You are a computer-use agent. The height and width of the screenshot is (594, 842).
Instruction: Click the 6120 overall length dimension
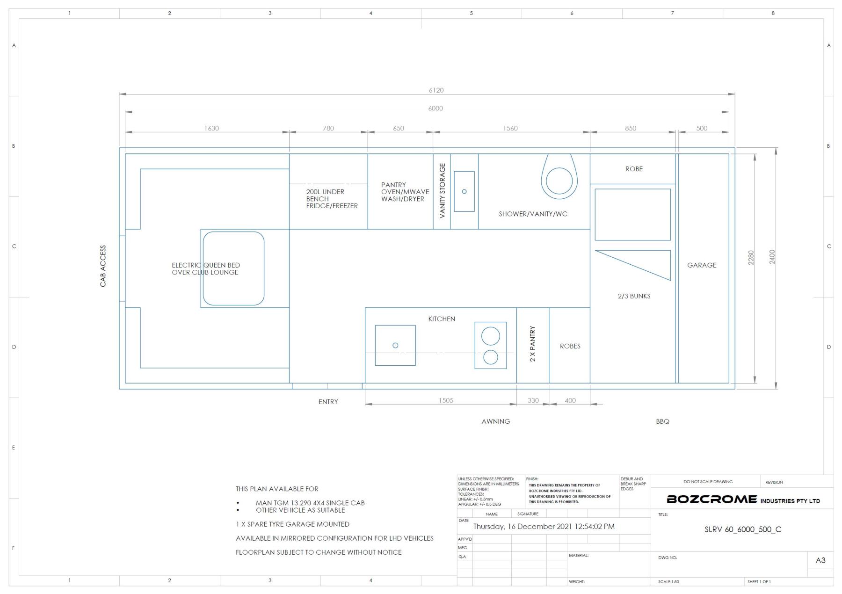point(436,90)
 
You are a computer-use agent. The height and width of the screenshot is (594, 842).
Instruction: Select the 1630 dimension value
point(211,128)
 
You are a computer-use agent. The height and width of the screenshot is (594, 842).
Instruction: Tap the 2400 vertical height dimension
point(772,257)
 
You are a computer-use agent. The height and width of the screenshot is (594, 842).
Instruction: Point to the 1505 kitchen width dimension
point(446,400)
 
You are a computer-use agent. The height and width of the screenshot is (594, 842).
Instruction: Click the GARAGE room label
point(702,265)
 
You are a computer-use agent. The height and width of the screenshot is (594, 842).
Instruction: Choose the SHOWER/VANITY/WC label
point(533,214)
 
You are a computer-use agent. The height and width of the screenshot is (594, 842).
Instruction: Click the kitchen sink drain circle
point(395,345)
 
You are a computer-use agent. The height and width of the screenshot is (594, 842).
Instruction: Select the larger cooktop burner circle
point(491,336)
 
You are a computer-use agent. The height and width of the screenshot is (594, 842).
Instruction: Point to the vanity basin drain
point(464,191)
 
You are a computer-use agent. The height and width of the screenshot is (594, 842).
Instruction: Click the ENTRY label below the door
point(328,402)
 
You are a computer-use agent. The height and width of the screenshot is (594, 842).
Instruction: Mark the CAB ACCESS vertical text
point(103,266)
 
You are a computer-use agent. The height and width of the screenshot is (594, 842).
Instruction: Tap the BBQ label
point(662,421)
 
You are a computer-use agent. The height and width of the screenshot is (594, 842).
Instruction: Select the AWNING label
point(496,421)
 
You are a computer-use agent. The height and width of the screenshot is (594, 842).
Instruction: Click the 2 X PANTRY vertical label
point(533,344)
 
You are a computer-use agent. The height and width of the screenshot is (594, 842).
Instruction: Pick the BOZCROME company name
point(711,499)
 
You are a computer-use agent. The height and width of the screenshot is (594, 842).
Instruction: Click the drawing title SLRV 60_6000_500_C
point(743,529)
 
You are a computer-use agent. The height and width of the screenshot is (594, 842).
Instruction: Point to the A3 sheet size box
point(820,560)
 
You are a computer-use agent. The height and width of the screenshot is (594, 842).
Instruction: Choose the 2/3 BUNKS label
point(634,296)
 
